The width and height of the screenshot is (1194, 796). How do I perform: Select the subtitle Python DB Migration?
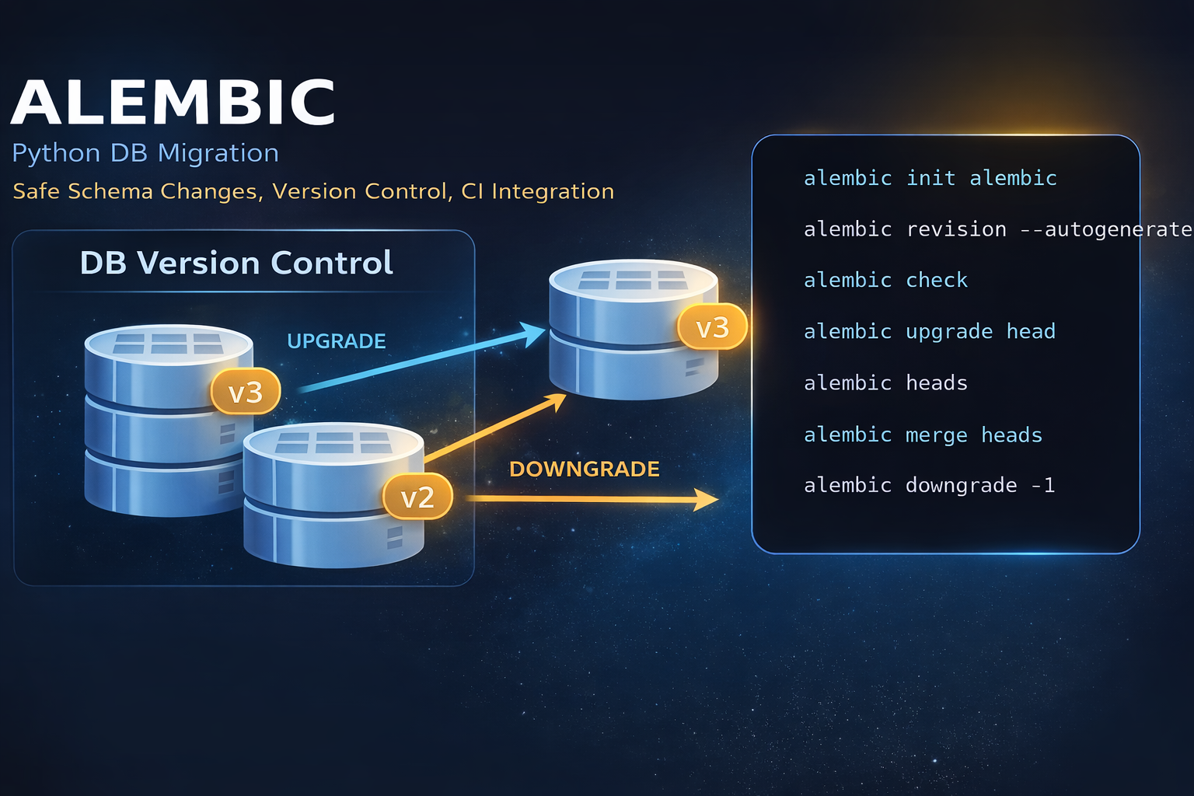tap(145, 153)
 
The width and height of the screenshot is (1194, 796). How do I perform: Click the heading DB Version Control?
tap(236, 263)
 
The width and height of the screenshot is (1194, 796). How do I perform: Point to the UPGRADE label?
tap(336, 341)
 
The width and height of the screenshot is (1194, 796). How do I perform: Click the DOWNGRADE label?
tap(584, 469)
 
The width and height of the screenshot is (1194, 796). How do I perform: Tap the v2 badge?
tap(417, 497)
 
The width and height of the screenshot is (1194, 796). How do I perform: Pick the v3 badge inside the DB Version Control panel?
tap(245, 393)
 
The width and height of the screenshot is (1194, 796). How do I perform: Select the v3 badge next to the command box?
tap(712, 327)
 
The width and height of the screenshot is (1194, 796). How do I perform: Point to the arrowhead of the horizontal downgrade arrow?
tap(707, 500)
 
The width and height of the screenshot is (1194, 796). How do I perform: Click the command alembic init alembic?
tap(930, 178)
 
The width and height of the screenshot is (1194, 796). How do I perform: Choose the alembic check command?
tap(885, 280)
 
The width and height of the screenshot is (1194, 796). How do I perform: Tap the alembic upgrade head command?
tap(929, 332)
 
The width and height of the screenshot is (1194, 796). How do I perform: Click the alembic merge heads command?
tap(923, 435)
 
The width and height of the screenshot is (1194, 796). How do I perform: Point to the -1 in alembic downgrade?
tap(1043, 486)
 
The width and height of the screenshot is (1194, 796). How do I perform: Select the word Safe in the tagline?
tap(36, 191)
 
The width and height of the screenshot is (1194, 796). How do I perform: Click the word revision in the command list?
tap(956, 229)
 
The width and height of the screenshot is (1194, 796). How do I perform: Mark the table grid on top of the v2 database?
tap(333, 442)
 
